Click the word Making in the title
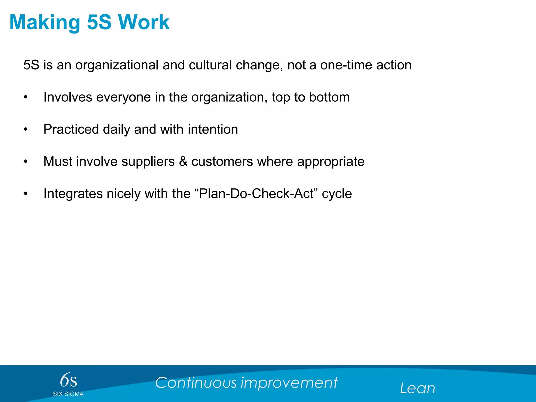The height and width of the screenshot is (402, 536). click(45, 23)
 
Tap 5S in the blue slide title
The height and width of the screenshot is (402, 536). click(99, 22)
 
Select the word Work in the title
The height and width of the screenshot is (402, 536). click(144, 22)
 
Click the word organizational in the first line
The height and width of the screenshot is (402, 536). click(117, 65)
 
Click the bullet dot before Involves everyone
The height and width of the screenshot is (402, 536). click(25, 97)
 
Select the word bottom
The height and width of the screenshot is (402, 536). click(329, 97)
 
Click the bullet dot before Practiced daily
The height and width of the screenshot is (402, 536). click(25, 130)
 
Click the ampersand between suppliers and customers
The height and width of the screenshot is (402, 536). click(183, 161)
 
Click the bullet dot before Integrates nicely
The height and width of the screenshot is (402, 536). click(25, 194)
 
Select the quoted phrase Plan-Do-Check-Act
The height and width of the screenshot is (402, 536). click(256, 194)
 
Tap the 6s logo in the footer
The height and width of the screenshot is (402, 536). click(68, 380)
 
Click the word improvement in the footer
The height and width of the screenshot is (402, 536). click(289, 383)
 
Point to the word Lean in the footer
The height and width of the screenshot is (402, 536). click(417, 388)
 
